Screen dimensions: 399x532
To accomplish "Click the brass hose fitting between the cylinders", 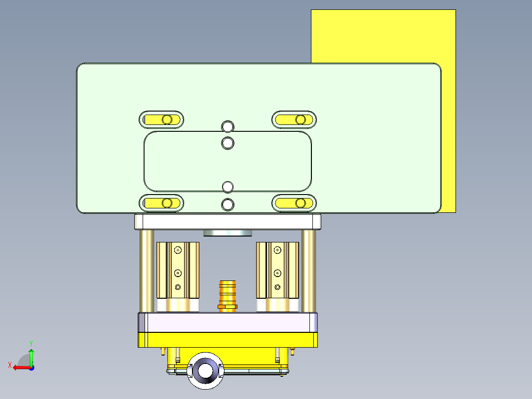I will point(228,295).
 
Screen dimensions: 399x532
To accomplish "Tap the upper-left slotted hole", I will point(161,120).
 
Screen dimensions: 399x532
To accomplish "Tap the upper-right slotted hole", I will point(294,120).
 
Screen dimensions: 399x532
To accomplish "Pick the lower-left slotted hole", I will point(161,203).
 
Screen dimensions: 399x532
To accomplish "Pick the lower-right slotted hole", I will point(294,203).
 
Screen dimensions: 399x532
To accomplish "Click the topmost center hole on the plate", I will point(228,126).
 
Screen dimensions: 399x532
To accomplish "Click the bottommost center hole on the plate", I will point(228,203).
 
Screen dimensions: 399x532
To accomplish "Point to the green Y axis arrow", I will point(31,355).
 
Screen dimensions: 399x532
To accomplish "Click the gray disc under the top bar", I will point(228,233).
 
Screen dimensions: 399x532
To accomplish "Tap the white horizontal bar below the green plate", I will point(228,221).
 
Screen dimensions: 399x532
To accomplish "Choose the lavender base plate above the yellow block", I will point(228,323).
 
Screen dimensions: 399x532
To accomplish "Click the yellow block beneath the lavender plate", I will point(228,340).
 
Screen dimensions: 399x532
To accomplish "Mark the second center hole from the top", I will point(228,143).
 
